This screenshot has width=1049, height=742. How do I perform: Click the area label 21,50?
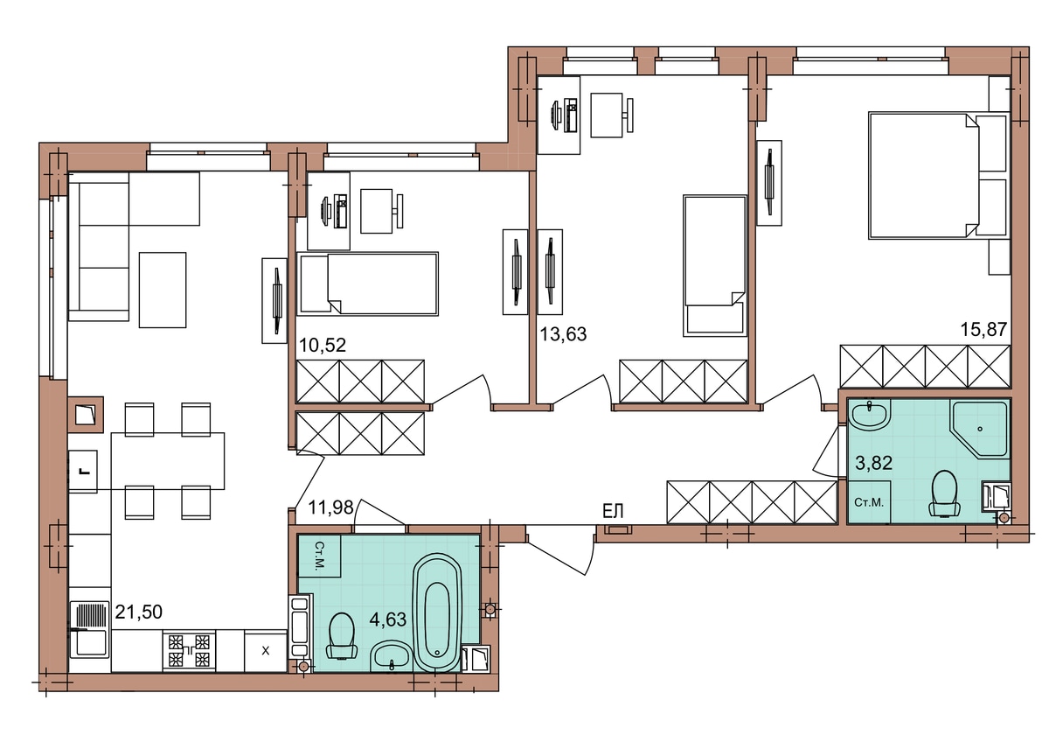pos(139,612)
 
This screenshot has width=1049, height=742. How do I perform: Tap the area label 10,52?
pos(323,346)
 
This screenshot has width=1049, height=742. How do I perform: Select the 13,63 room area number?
pos(563,334)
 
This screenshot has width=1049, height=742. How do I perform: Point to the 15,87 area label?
pos(983,329)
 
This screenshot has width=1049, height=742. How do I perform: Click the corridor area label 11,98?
pos(330,507)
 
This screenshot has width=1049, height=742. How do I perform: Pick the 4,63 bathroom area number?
pos(388,619)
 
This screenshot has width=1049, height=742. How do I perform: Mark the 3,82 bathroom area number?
pos(874,463)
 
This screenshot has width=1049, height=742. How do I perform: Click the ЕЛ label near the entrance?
pos(613,511)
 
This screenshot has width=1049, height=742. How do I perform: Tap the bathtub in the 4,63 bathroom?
pos(437,612)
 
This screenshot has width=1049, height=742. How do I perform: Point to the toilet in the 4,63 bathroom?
pos(342,636)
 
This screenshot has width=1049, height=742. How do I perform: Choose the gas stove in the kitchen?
pos(189,651)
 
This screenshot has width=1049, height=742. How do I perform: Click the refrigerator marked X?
pos(266,651)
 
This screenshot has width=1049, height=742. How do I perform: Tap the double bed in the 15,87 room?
pos(938,175)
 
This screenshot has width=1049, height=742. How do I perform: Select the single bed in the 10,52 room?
pos(368,283)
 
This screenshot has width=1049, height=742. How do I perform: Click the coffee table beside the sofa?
pos(163,290)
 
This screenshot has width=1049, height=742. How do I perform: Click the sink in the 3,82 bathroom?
pos(870,415)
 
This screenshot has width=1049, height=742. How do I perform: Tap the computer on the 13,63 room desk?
pos(566,115)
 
